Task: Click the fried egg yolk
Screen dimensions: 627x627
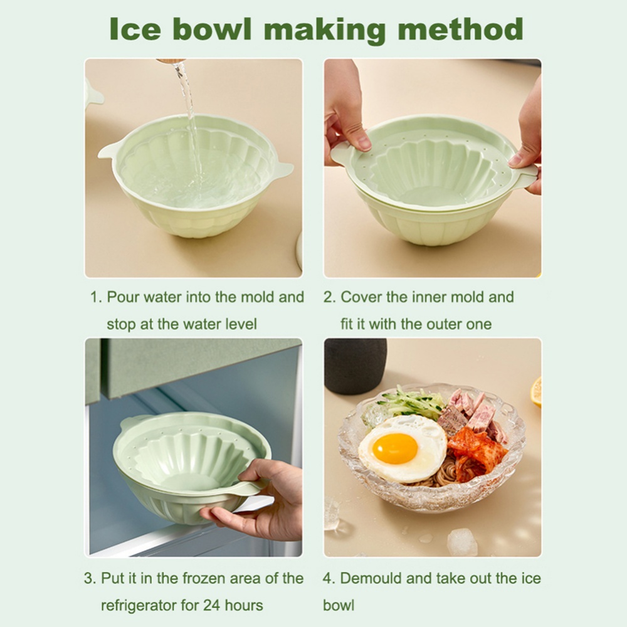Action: [394, 448]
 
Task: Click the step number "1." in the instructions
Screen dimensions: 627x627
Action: [95, 297]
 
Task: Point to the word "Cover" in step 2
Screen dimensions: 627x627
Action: [362, 297]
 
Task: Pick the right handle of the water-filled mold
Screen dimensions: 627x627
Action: [283, 169]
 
